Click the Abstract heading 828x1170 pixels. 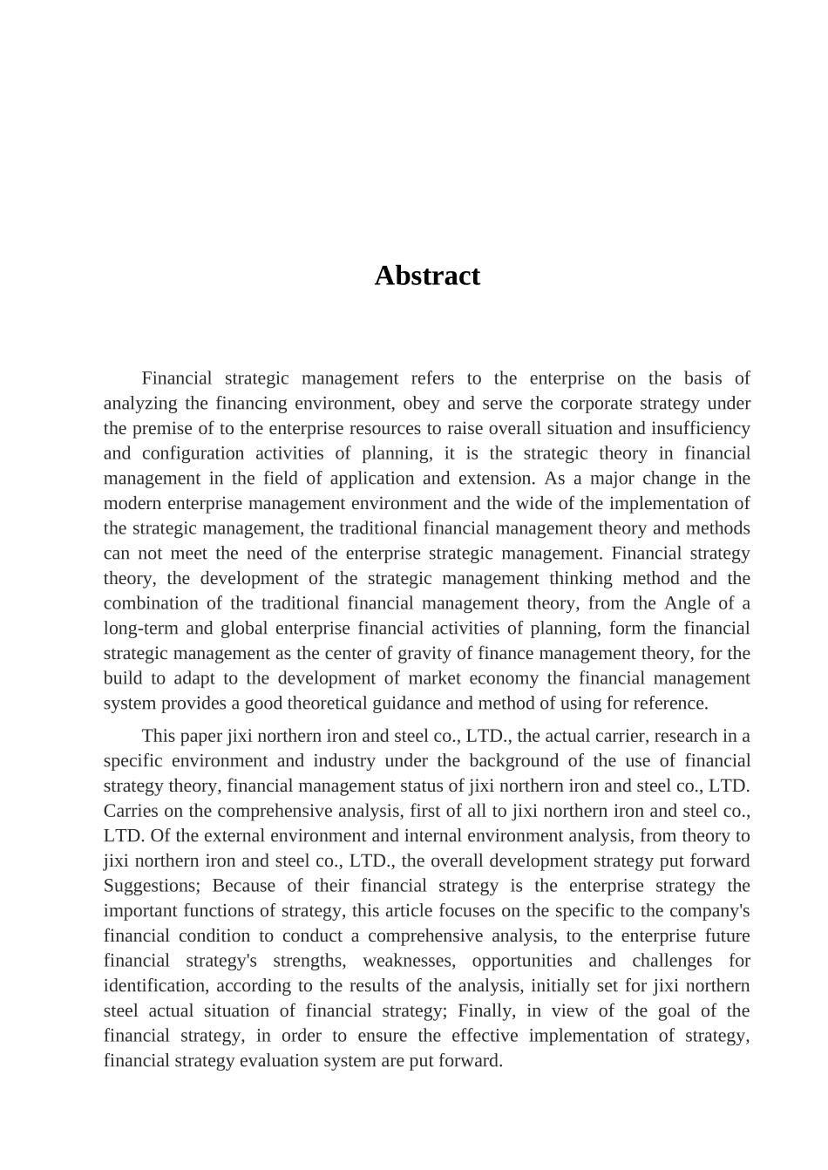pyautogui.click(x=427, y=275)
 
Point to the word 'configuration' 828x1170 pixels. pyautogui.click(x=192, y=453)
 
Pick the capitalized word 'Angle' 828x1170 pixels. pyautogui.click(x=687, y=603)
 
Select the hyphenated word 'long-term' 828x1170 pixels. pyautogui.click(x=140, y=629)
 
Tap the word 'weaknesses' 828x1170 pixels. pyautogui.click(x=406, y=961)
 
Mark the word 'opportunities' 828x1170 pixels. pyautogui.click(x=522, y=961)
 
